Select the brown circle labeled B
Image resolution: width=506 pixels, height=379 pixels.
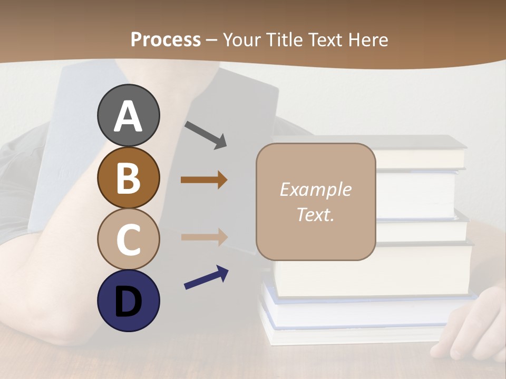(x=128, y=178)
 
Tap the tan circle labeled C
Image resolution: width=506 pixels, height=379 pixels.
(x=128, y=240)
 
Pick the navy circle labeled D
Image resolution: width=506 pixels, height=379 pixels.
(x=128, y=301)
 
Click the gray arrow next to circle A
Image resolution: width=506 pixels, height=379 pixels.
(x=206, y=135)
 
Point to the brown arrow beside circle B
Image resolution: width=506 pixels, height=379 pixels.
(x=204, y=180)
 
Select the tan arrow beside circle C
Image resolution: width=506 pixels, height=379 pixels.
(x=204, y=237)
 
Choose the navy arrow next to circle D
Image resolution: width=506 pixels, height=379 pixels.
(x=206, y=277)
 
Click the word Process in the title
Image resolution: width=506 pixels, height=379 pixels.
(x=166, y=39)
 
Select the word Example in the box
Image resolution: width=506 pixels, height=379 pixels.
(x=315, y=189)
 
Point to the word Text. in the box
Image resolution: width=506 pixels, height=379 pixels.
(x=315, y=214)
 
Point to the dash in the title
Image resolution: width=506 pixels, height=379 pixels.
(x=212, y=41)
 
